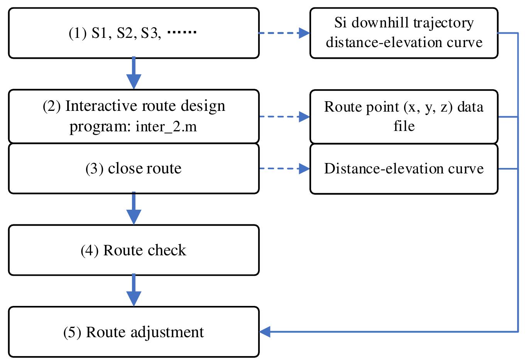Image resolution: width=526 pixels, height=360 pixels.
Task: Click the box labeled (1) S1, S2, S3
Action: pyautogui.click(x=134, y=33)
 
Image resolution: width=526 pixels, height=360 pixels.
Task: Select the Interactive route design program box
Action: pyautogui.click(x=134, y=116)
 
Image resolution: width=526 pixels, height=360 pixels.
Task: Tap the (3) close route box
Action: pyautogui.click(x=134, y=168)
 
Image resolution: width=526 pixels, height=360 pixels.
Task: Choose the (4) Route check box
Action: pyautogui.click(x=134, y=250)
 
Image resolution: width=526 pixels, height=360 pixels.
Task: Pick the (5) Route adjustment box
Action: pyautogui.click(x=134, y=332)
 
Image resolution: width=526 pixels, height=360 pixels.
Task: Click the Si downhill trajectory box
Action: pyautogui.click(x=404, y=33)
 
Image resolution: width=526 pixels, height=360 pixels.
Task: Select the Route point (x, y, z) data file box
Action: pyautogui.click(x=404, y=116)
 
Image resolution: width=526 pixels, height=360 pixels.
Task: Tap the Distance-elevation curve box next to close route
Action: pyautogui.click(x=404, y=168)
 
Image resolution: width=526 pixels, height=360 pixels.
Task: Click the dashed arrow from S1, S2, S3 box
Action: pyautogui.click(x=284, y=33)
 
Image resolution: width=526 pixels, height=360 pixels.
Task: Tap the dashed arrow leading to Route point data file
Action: pyautogui.click(x=284, y=116)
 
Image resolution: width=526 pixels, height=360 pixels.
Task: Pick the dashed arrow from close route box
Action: pyautogui.click(x=284, y=168)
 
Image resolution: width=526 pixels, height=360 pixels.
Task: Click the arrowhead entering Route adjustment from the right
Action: pyautogui.click(x=265, y=331)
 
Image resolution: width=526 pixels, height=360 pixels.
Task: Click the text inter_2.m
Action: pyautogui.click(x=166, y=127)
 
